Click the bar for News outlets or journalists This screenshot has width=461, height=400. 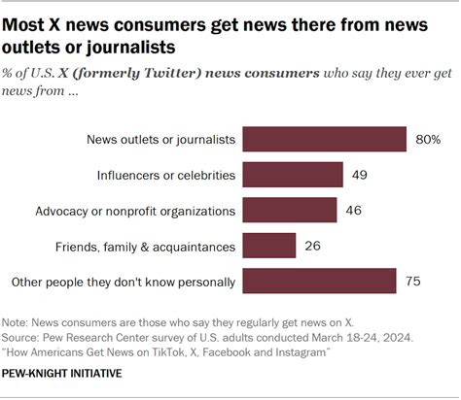coord(324,140)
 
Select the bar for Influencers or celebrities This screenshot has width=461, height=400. coord(292,175)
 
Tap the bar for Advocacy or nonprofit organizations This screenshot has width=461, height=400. coord(289,210)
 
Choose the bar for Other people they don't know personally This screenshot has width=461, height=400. coord(319,282)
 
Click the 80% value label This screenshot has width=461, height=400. coord(427,140)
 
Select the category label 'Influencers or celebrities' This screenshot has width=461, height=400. coord(166,175)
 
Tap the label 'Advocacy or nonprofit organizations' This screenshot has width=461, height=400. coord(135,210)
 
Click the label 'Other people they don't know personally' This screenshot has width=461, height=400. coord(122,282)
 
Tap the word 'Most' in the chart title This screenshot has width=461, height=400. coord(27,17)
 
